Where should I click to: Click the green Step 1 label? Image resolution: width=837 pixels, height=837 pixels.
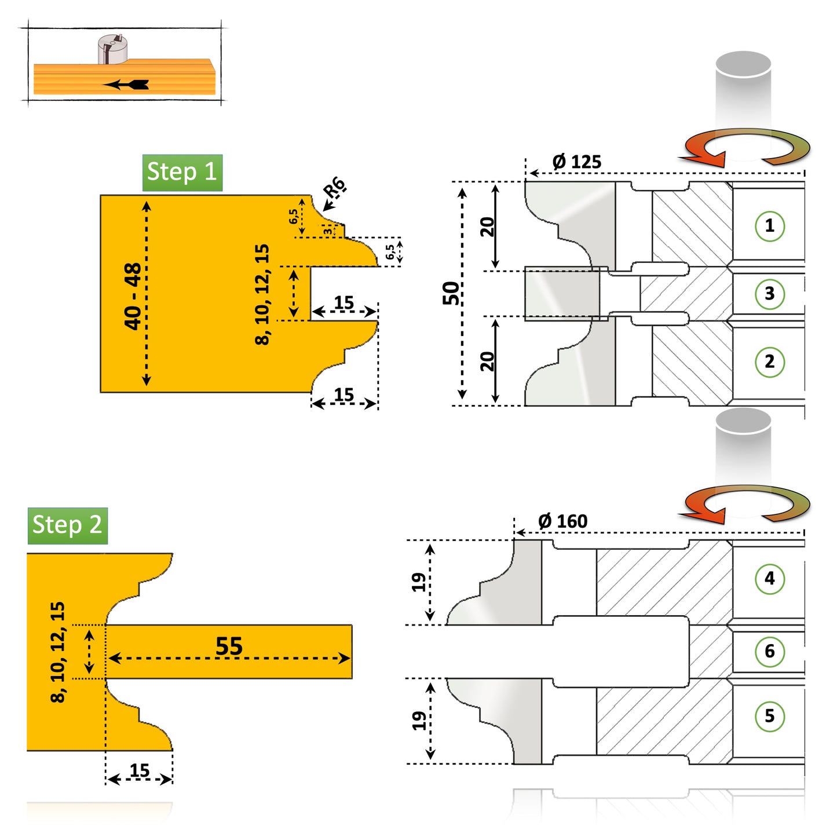tap(182, 173)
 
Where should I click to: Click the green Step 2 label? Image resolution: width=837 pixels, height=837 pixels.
tap(67, 525)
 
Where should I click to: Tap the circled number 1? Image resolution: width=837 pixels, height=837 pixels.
tap(769, 226)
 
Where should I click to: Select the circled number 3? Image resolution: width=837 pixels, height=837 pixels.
tap(769, 294)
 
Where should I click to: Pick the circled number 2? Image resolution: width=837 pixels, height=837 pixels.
tap(769, 361)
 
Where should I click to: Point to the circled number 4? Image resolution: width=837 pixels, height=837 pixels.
tap(769, 578)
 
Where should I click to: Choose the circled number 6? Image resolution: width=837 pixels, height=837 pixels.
tap(769, 651)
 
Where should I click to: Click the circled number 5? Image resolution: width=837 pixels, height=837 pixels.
tap(769, 716)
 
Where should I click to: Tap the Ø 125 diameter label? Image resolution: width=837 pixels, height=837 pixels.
tap(576, 162)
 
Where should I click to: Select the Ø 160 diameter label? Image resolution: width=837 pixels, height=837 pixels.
tap(562, 521)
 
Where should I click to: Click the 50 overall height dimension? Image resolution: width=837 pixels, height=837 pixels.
tap(451, 293)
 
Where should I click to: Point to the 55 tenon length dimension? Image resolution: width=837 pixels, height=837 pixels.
tap(229, 646)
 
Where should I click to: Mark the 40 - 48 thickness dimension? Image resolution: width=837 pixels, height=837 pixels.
tap(133, 295)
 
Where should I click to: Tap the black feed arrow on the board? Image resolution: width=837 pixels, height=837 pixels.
tap(127, 85)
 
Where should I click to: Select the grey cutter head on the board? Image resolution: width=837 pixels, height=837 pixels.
tap(112, 49)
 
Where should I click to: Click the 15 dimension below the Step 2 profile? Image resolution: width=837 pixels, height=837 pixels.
tap(139, 770)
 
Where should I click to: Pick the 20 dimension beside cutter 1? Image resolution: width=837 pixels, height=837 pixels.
tap(487, 226)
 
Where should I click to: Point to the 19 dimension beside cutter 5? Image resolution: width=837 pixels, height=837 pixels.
tap(418, 721)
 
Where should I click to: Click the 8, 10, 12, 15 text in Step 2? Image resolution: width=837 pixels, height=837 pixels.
tap(58, 652)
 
